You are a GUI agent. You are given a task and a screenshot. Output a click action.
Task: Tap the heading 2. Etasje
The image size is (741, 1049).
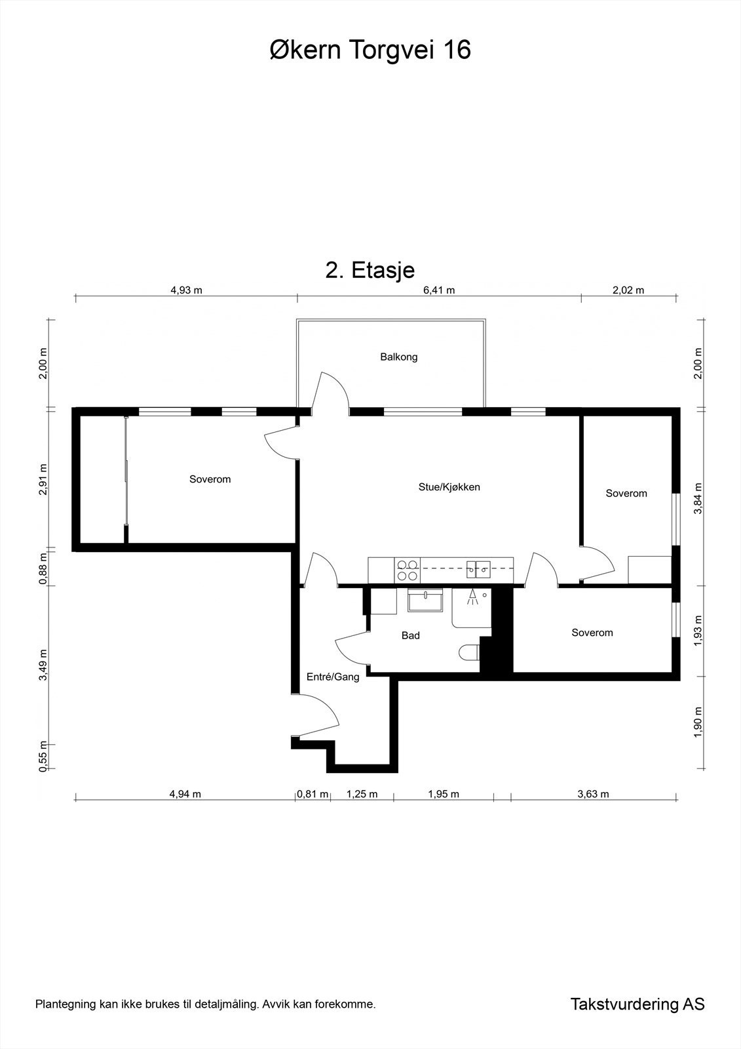pyautogui.click(x=370, y=269)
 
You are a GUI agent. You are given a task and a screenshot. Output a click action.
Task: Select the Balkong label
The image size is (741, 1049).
pyautogui.click(x=398, y=357)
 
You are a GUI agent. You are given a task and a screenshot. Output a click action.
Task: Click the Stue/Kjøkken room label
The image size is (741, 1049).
pyautogui.click(x=449, y=487)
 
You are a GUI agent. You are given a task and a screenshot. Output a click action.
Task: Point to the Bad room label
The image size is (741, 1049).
pyautogui.click(x=410, y=635)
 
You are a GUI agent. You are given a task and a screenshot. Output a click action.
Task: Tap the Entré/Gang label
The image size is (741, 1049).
pyautogui.click(x=333, y=677)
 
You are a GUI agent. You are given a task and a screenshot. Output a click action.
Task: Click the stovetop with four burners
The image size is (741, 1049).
pyautogui.click(x=408, y=570)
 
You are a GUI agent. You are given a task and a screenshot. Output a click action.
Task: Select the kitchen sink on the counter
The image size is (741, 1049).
pyautogui.click(x=478, y=570)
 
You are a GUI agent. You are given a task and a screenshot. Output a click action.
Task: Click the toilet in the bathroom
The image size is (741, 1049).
pyautogui.click(x=469, y=653)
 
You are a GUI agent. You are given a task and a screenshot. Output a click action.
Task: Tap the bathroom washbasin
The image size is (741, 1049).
pyautogui.click(x=425, y=600)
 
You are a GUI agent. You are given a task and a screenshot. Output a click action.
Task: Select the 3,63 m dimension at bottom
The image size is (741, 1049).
pyautogui.click(x=593, y=794)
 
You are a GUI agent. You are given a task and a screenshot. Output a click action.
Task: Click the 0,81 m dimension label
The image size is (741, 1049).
pyautogui.click(x=313, y=794)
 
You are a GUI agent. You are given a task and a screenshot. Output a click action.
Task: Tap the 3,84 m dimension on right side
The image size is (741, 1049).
pyautogui.click(x=698, y=498)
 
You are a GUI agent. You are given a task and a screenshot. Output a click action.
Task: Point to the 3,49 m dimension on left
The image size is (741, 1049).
pyautogui.click(x=43, y=665)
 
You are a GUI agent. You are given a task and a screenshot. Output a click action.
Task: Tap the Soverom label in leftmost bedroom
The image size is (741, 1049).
pyautogui.click(x=210, y=479)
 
